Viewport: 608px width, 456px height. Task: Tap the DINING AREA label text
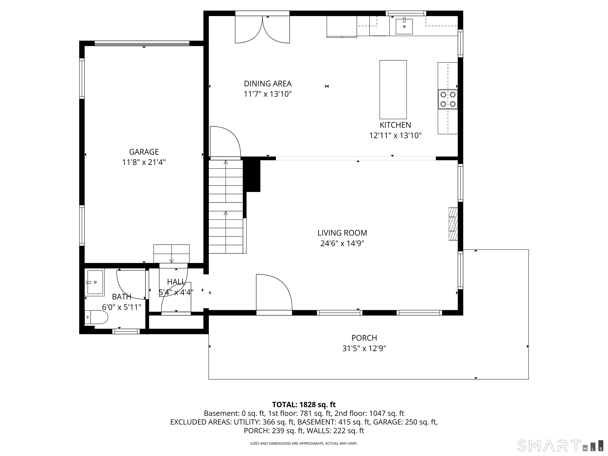268,84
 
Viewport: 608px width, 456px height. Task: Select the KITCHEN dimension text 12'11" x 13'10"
395,136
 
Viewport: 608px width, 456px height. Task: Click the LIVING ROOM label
342,233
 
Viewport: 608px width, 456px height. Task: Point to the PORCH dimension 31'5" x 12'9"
364,349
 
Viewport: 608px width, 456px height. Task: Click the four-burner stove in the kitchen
448,99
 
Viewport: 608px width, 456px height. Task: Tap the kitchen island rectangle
393,90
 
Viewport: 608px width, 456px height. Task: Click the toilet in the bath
96,317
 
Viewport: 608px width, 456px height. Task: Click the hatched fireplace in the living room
453,224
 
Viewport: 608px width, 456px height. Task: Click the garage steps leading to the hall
171,253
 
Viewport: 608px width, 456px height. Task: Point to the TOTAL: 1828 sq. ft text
304,405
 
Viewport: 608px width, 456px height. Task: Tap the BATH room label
122,297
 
